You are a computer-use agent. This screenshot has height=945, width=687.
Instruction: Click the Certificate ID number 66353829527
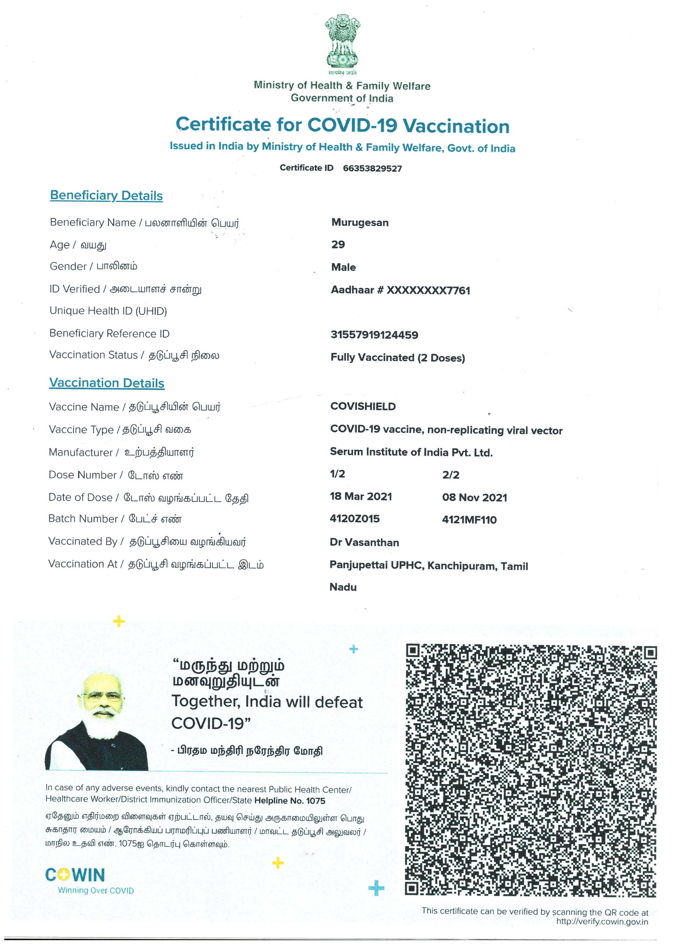point(372,168)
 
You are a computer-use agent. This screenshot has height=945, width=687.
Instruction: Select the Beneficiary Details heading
point(106,195)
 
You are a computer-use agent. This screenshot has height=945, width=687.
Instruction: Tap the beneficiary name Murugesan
point(360,223)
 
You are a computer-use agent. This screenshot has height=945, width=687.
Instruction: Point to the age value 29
point(338,245)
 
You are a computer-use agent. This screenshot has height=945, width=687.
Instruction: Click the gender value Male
point(343,267)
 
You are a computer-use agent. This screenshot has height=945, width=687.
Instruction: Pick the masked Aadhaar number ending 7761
point(400,290)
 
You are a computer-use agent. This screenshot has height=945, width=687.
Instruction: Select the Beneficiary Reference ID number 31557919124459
point(374,335)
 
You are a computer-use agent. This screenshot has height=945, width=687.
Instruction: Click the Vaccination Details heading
point(107,383)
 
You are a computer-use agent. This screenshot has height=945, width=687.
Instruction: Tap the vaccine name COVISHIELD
point(363,406)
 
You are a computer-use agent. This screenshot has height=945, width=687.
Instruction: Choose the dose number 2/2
point(451,475)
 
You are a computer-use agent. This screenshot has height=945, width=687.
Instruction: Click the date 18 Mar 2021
point(361,496)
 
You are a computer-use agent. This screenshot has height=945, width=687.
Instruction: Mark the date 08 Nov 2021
point(474,498)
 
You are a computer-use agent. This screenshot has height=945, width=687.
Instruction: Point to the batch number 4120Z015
point(355,519)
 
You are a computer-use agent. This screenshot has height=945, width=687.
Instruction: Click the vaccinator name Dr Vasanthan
point(364,542)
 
